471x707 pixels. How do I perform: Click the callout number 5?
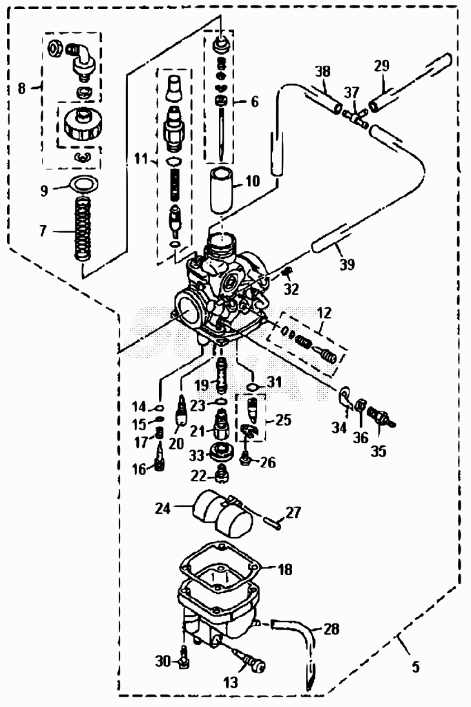coord(416,666)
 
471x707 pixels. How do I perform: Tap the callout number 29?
coord(381,66)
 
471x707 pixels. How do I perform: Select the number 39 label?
coord(347,264)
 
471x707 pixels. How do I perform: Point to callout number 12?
coord(324,313)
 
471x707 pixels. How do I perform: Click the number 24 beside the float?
coord(163,508)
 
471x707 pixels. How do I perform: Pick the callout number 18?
coord(285,570)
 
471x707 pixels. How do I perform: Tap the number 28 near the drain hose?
coord(331,628)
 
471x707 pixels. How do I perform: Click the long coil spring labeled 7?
coord(83,229)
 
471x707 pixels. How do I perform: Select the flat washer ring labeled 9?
coord(84,184)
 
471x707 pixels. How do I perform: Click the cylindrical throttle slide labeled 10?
coord(223,188)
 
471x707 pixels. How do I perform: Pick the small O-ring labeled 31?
coord(253,387)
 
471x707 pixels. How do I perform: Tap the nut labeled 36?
coord(360,405)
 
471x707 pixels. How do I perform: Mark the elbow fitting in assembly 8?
coord(80,58)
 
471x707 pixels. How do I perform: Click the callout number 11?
coord(141,158)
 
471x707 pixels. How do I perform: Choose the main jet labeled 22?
coord(222,474)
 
